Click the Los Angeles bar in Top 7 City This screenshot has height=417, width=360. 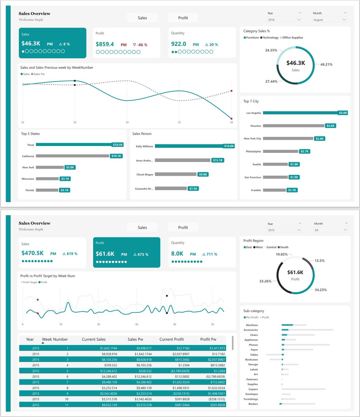tap(300, 113)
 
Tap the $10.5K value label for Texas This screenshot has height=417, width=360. tap(118, 145)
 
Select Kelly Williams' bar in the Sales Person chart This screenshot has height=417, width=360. tap(189, 146)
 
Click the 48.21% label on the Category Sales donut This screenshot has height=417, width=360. tap(326, 65)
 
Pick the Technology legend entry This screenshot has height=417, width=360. tap(270, 38)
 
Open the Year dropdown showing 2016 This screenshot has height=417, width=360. tap(284, 20)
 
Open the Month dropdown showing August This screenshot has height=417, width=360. tap(329, 20)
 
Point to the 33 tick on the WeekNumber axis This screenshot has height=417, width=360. tap(75, 122)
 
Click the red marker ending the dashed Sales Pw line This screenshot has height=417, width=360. tap(231, 91)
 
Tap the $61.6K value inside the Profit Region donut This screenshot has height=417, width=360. tap(295, 272)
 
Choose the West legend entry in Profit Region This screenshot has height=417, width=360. tap(259, 247)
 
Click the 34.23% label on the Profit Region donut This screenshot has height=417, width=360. tap(320, 289)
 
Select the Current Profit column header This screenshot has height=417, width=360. tap(171, 339)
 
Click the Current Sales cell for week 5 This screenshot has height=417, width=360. tap(104, 371)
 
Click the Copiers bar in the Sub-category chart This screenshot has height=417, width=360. tap(304, 389)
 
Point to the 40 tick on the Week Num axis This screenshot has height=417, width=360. tap(174, 325)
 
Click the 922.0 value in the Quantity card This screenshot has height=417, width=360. tap(179, 44)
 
